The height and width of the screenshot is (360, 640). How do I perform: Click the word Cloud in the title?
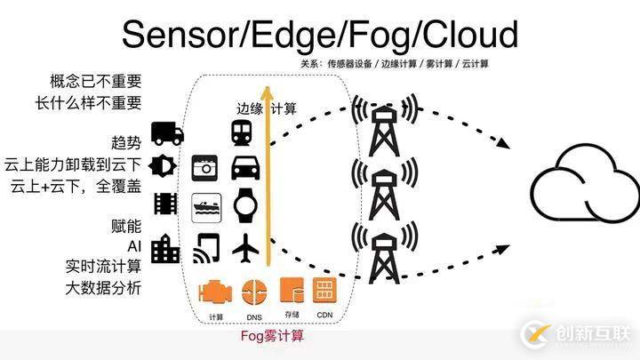(470, 35)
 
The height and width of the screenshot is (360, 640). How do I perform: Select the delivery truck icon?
(167, 133)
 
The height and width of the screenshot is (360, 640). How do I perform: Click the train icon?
(242, 133)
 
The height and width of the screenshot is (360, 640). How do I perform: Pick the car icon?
(245, 168)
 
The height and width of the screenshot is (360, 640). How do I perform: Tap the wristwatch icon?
(245, 205)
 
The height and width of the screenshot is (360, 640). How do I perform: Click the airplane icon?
(245, 248)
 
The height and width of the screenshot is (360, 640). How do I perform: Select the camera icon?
(205, 168)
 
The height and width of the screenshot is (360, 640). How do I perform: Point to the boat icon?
(206, 208)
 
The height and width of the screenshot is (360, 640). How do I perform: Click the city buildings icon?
(165, 249)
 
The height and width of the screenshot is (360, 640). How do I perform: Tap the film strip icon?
(165, 204)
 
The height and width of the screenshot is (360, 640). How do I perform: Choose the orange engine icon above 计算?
(215, 292)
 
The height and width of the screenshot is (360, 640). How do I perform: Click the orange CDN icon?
(324, 290)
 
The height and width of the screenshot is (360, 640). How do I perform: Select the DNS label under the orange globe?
(254, 317)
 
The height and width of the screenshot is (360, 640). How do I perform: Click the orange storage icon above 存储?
(292, 290)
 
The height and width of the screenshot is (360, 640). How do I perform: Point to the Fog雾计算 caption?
(272, 336)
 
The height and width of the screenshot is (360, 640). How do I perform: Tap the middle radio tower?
(385, 188)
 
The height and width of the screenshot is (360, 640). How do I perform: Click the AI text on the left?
(134, 246)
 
